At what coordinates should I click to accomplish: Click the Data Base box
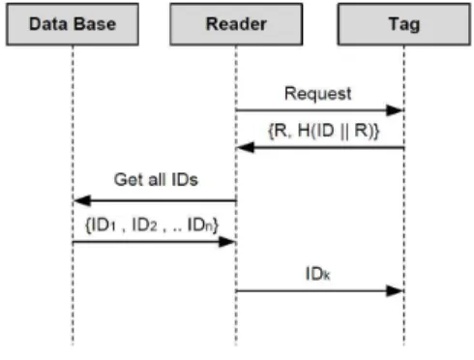73,24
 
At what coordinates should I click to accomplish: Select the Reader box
236,24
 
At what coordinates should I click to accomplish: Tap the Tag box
404,24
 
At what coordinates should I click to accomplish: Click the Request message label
318,94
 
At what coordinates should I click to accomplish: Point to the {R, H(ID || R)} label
324,131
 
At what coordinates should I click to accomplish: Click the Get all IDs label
156,179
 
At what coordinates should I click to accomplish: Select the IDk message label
317,274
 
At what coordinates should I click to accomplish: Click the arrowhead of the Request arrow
395,110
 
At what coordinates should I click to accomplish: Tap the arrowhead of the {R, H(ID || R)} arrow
245,148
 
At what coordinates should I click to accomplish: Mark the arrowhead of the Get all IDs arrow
82,200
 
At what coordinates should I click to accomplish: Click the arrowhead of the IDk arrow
395,291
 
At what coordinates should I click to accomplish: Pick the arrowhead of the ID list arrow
227,242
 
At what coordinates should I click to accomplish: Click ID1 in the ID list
104,225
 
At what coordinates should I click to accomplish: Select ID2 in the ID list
145,225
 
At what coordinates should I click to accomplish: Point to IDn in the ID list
200,225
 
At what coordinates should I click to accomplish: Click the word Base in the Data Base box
97,24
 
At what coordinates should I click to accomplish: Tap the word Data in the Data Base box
51,24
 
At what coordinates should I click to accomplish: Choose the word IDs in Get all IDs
185,179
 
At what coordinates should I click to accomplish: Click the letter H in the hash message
304,131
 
